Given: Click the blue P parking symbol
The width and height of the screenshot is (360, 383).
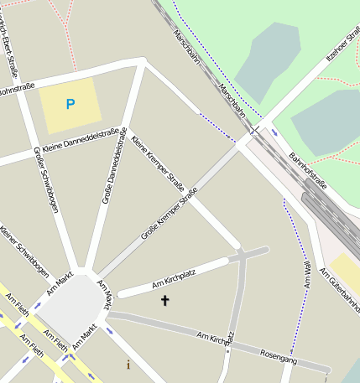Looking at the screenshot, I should pyautogui.click(x=70, y=105).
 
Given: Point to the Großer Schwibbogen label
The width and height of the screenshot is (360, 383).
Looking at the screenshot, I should pyautogui.click(x=45, y=179).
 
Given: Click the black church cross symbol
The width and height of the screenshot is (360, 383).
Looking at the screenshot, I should pyautogui.click(x=164, y=299).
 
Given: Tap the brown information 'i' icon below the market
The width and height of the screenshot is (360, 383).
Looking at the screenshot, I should pyautogui.click(x=128, y=365).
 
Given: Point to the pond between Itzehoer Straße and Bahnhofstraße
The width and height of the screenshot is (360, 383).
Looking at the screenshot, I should pyautogui.click(x=331, y=122).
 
